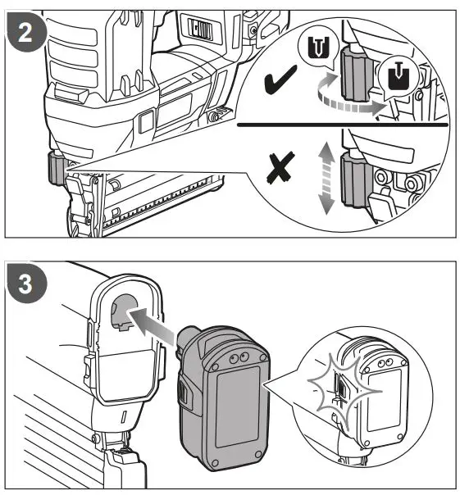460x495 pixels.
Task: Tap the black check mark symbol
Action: coord(281,83)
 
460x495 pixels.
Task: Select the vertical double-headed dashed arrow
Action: coord(326,176)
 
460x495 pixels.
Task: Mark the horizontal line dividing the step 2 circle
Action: coord(344,127)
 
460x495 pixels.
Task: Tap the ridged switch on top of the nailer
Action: coord(201,30)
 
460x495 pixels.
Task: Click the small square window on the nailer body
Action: coord(146,122)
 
